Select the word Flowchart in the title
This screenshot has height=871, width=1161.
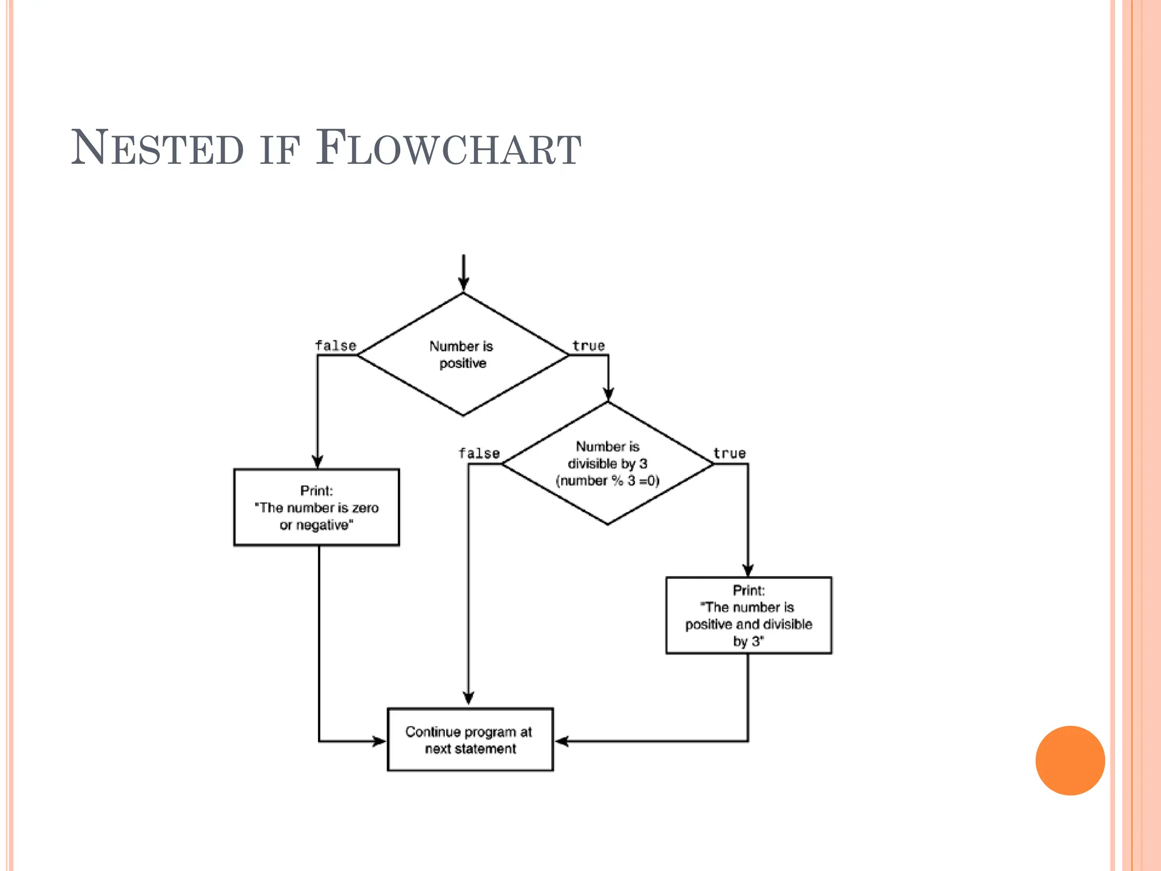(448, 149)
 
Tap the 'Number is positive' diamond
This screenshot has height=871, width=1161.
(463, 354)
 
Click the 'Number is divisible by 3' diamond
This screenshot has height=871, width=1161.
(608, 463)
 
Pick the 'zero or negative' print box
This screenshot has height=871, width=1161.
(316, 508)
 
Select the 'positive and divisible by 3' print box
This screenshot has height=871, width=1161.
(748, 616)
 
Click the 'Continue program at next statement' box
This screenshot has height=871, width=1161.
(470, 739)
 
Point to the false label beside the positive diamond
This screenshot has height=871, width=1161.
(336, 346)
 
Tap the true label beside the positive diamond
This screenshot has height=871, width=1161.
(588, 346)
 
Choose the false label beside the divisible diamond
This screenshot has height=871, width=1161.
(479, 454)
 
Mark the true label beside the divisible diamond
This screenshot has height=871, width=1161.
(730, 454)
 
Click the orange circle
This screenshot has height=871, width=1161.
(1070, 760)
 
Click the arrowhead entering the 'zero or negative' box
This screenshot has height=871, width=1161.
(317, 462)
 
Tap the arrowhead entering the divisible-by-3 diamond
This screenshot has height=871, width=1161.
(608, 395)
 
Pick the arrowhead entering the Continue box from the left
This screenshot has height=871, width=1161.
(379, 741)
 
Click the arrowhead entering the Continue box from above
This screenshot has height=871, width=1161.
(468, 699)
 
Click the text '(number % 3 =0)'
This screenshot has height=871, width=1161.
(608, 481)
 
